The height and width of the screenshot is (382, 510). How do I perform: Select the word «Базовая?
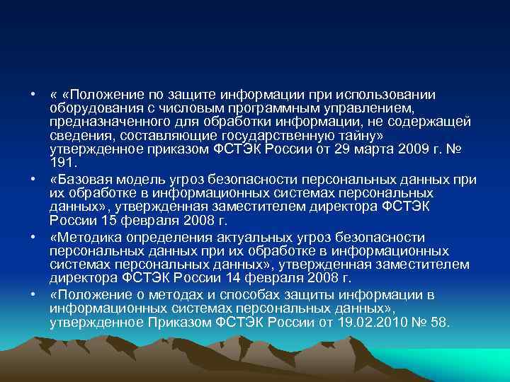[x=79, y=180]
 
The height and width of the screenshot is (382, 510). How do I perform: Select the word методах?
[x=165, y=295]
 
